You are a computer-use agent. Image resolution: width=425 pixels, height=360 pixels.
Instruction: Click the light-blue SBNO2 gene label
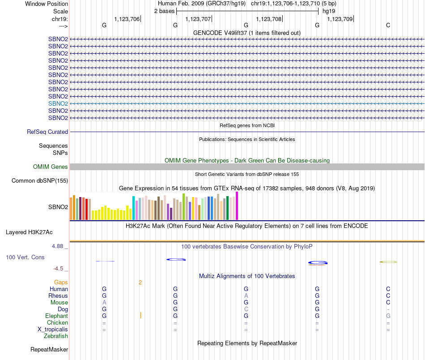[58, 103]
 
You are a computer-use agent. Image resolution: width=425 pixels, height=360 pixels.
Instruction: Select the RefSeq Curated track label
[47, 132]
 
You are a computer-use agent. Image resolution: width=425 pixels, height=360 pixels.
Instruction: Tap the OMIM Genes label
[51, 167]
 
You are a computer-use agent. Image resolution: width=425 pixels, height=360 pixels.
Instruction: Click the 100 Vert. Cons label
[25, 257]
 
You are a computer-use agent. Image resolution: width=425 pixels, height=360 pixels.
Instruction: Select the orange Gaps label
[61, 283]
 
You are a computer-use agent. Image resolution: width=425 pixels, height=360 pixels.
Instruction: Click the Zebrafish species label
[55, 336]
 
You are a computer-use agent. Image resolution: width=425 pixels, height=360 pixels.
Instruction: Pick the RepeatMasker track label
[49, 349]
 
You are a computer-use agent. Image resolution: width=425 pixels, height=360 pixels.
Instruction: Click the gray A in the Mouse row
[104, 303]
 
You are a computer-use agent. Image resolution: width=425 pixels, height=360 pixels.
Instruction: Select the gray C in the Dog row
[246, 309]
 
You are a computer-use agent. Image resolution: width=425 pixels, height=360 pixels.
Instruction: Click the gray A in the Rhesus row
[246, 296]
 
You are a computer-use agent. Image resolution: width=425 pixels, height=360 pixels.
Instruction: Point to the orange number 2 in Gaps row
[140, 283]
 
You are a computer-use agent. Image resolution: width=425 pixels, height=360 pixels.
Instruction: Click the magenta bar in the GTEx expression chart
[237, 206]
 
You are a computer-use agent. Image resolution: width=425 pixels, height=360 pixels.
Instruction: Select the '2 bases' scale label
[164, 11]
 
